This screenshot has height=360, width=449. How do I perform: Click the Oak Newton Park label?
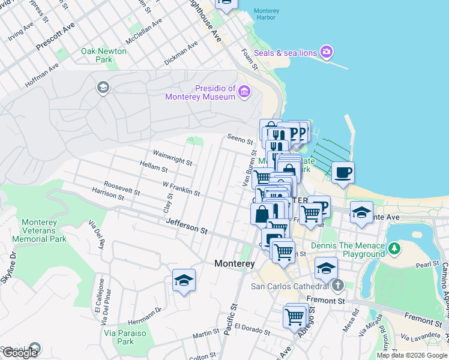[104, 55]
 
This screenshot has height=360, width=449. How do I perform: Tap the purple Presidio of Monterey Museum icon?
[244, 91]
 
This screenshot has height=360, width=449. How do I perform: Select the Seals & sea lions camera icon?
[327, 52]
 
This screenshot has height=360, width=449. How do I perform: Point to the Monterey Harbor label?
[266, 14]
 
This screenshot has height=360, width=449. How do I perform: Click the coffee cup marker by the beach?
[343, 173]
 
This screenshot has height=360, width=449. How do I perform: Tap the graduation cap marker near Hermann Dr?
[184, 280]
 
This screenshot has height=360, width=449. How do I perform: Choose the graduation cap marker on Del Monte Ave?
[361, 212]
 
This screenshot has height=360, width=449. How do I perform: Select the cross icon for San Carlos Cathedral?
[338, 285]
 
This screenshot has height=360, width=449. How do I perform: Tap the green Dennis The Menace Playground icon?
[394, 248]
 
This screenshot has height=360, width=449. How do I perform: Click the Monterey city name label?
[235, 264]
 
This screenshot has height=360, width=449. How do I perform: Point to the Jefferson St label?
[187, 227]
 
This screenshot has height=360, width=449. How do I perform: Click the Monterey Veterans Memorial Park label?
[44, 230]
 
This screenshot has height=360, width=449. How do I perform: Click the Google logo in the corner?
[19, 352]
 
